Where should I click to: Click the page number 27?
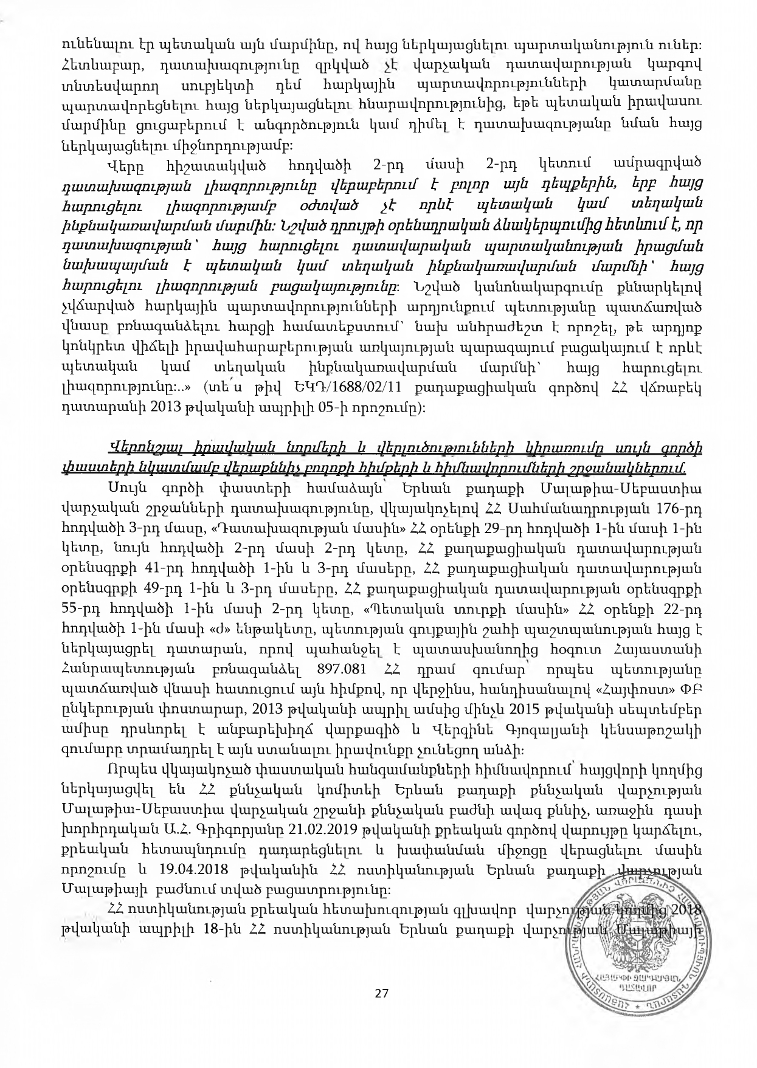coord(381,994)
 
